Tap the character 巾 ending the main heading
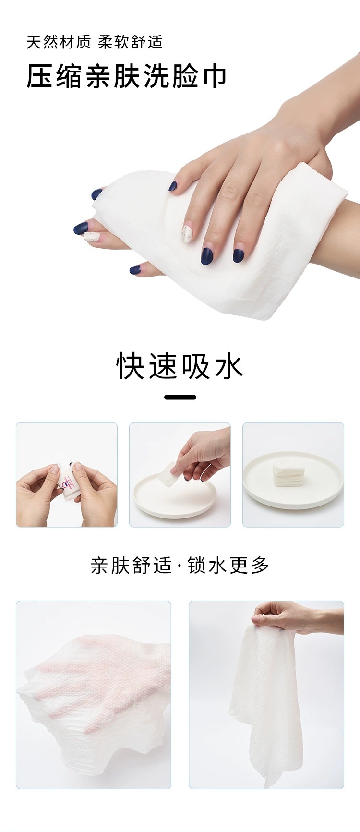214,77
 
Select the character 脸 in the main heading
185,77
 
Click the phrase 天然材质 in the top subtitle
58,42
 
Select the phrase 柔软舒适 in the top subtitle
130,42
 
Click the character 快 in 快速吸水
131,366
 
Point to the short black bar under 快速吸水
180,397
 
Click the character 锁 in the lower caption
197,565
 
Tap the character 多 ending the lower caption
260,565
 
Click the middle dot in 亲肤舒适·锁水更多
180,566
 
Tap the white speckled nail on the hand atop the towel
187,234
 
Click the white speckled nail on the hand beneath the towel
91,236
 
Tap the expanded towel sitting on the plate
286,473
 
